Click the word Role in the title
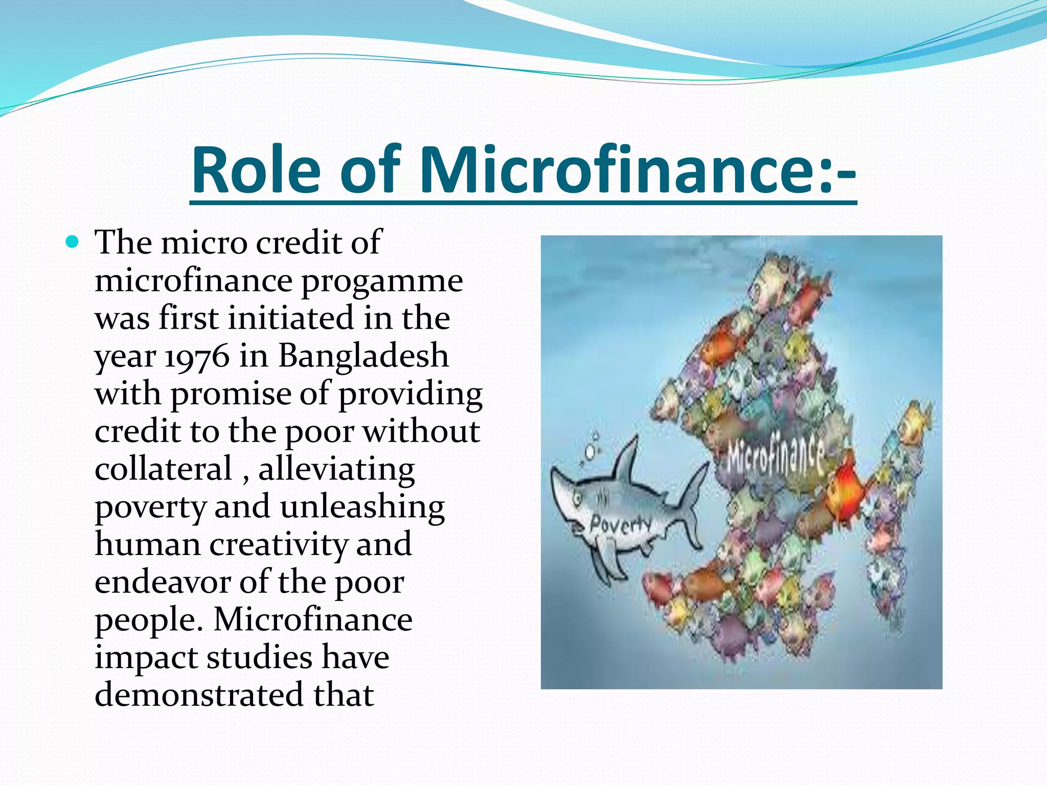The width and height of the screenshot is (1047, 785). pyautogui.click(x=256, y=170)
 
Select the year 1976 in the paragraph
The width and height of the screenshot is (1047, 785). pyautogui.click(x=197, y=356)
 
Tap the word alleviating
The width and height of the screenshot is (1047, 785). pyautogui.click(x=336, y=469)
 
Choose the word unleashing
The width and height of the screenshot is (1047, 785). pyautogui.click(x=362, y=507)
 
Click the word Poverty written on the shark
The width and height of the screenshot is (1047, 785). pyautogui.click(x=621, y=524)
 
